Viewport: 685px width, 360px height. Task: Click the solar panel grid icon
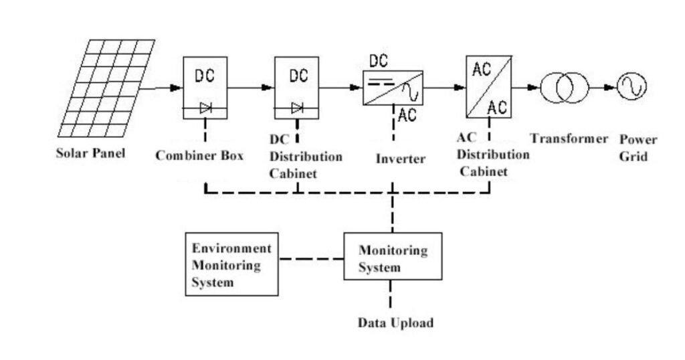[x=107, y=87]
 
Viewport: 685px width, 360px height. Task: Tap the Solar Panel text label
[x=90, y=153]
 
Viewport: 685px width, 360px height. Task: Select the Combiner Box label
[x=199, y=156]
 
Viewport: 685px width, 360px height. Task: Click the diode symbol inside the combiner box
[x=205, y=108]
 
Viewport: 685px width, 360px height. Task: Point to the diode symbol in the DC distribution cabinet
[x=297, y=108]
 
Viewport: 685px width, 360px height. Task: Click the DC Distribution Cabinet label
[x=305, y=157]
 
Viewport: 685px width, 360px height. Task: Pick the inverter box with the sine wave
[x=393, y=87]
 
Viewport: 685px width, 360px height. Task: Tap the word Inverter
[x=400, y=159]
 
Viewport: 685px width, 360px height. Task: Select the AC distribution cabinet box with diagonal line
[x=488, y=86]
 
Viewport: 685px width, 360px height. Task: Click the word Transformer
[x=569, y=139]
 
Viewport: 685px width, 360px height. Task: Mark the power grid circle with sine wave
[x=631, y=87]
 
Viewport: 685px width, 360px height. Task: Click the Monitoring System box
[x=393, y=256]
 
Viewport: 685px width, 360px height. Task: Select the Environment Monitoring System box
[x=231, y=264]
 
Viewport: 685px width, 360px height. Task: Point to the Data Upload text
[x=395, y=323]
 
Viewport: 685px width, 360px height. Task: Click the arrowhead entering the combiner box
[x=177, y=88]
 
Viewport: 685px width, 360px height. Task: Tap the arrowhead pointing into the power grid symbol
[x=610, y=87]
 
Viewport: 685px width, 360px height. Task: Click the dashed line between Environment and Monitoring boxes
[x=311, y=259]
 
